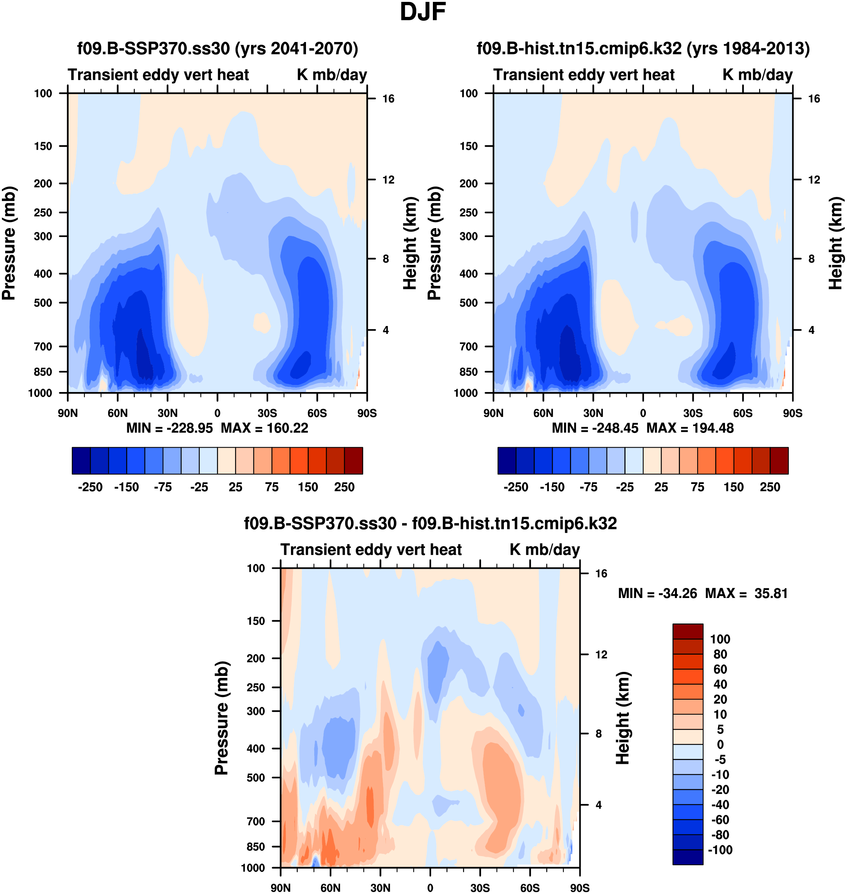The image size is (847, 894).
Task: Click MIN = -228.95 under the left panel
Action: pyautogui.click(x=169, y=428)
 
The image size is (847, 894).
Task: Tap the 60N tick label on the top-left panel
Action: pyautogui.click(x=118, y=413)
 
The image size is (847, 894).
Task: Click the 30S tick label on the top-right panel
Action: pyautogui.click(x=693, y=413)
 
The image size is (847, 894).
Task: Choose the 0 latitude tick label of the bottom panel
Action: pyautogui.click(x=430, y=888)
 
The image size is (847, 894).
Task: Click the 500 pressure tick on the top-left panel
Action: pyautogui.click(x=43, y=303)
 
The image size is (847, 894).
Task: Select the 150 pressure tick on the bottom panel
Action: pyautogui.click(x=256, y=621)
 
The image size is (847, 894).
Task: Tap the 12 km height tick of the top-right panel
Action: pyautogui.click(x=814, y=180)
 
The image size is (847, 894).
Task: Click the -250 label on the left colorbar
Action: pyautogui.click(x=90, y=487)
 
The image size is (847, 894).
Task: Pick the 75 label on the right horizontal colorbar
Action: pyautogui.click(x=698, y=487)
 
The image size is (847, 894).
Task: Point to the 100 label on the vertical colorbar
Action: pyautogui.click(x=720, y=639)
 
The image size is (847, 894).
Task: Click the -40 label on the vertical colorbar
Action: pyautogui.click(x=720, y=805)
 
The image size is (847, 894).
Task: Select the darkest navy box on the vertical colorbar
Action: pyautogui.click(x=687, y=857)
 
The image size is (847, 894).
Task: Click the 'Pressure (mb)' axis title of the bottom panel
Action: pyautogui.click(x=222, y=718)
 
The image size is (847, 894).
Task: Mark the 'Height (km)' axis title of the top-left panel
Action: pyautogui.click(x=409, y=243)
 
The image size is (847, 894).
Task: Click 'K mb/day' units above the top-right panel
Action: pyautogui.click(x=757, y=75)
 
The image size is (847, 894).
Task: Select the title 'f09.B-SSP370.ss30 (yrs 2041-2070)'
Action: pyautogui.click(x=218, y=48)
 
